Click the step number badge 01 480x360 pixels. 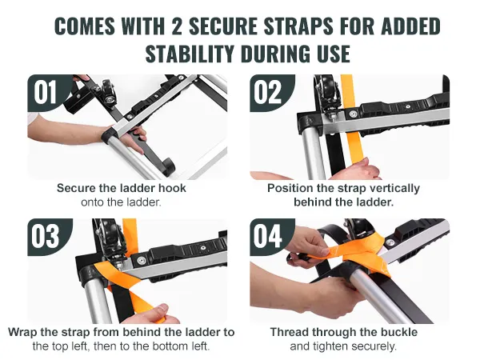[x=46, y=92]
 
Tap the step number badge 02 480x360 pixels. [x=268, y=92]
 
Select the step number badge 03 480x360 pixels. [x=46, y=236]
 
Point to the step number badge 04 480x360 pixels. [x=268, y=236]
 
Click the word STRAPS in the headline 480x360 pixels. [x=298, y=26]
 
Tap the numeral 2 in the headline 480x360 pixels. [x=177, y=26]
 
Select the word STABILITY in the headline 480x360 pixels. [x=189, y=54]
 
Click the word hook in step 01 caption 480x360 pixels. [x=172, y=188]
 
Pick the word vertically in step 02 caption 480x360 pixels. [x=394, y=189]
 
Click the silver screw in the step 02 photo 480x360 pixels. [x=353, y=114]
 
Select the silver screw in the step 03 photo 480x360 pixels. [x=141, y=260]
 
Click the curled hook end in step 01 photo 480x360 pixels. [x=168, y=167]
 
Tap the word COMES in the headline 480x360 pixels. [x=85, y=26]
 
